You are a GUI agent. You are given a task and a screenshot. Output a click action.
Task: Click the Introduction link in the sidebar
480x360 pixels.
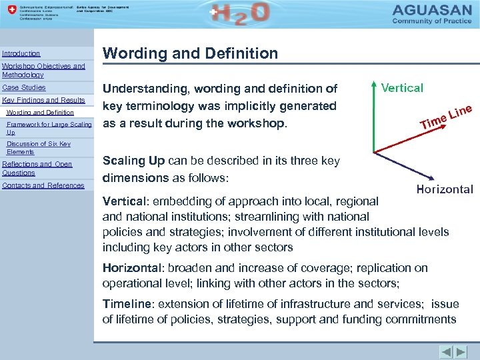[x=21, y=53]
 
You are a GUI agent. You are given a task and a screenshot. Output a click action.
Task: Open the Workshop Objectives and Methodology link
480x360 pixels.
[x=43, y=71]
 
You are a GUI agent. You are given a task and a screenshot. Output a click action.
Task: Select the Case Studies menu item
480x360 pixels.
[x=24, y=87]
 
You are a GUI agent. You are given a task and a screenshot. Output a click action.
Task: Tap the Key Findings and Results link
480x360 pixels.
[x=44, y=100]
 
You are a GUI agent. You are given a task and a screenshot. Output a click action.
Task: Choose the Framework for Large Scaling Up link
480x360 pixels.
[x=49, y=128]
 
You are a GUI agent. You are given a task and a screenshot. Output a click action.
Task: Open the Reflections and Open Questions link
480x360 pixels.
[x=37, y=168]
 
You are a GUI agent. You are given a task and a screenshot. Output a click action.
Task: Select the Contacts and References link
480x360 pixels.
[x=43, y=185]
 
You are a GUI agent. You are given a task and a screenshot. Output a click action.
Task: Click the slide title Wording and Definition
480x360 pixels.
[x=190, y=53]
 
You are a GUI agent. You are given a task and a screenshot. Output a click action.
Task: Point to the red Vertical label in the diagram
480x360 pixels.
[x=401, y=88]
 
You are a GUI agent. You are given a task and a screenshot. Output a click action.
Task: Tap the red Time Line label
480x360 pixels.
[x=445, y=116]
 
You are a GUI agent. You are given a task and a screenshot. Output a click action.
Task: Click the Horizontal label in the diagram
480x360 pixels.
[x=444, y=189]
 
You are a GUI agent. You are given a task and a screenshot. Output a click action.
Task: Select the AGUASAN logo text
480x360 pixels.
[x=434, y=11]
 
